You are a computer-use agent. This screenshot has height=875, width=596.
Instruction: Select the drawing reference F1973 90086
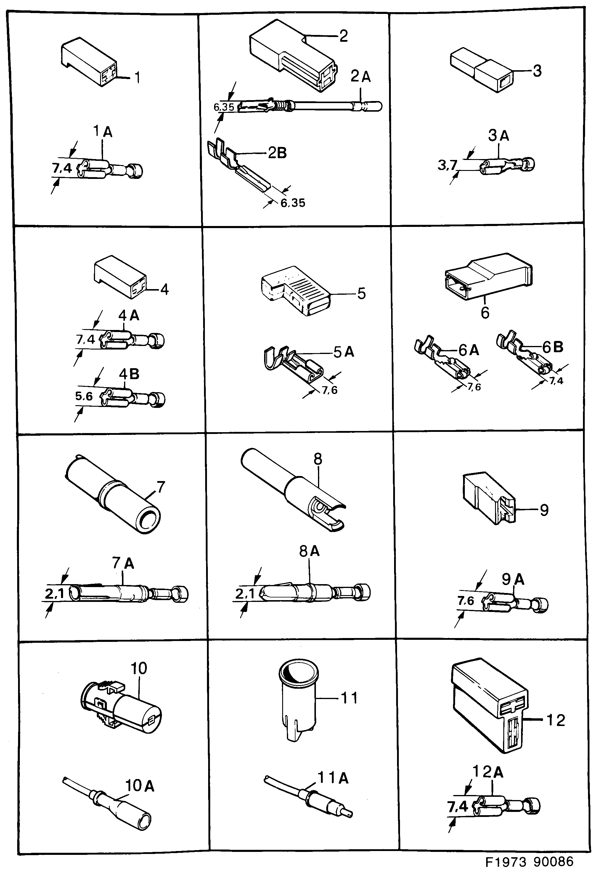click(529, 861)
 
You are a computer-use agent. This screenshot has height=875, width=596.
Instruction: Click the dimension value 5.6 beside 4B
click(84, 396)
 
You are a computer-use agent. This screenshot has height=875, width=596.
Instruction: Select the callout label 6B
click(553, 347)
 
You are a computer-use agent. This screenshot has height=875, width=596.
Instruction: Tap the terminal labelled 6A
click(443, 362)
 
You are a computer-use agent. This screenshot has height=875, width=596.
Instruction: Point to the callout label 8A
click(309, 551)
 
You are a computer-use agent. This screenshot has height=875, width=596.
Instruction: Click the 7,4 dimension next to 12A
click(457, 807)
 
